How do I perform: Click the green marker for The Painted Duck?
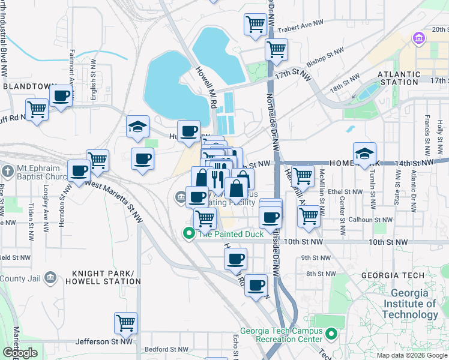(x=188, y=233)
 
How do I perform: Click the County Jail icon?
(x=50, y=278)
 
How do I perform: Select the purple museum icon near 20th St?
(x=418, y=39)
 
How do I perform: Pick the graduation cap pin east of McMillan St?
(x=364, y=153)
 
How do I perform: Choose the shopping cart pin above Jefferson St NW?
(x=126, y=323)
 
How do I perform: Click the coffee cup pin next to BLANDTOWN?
(x=61, y=95)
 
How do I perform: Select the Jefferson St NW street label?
(x=104, y=341)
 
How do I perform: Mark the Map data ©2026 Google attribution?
(x=411, y=355)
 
